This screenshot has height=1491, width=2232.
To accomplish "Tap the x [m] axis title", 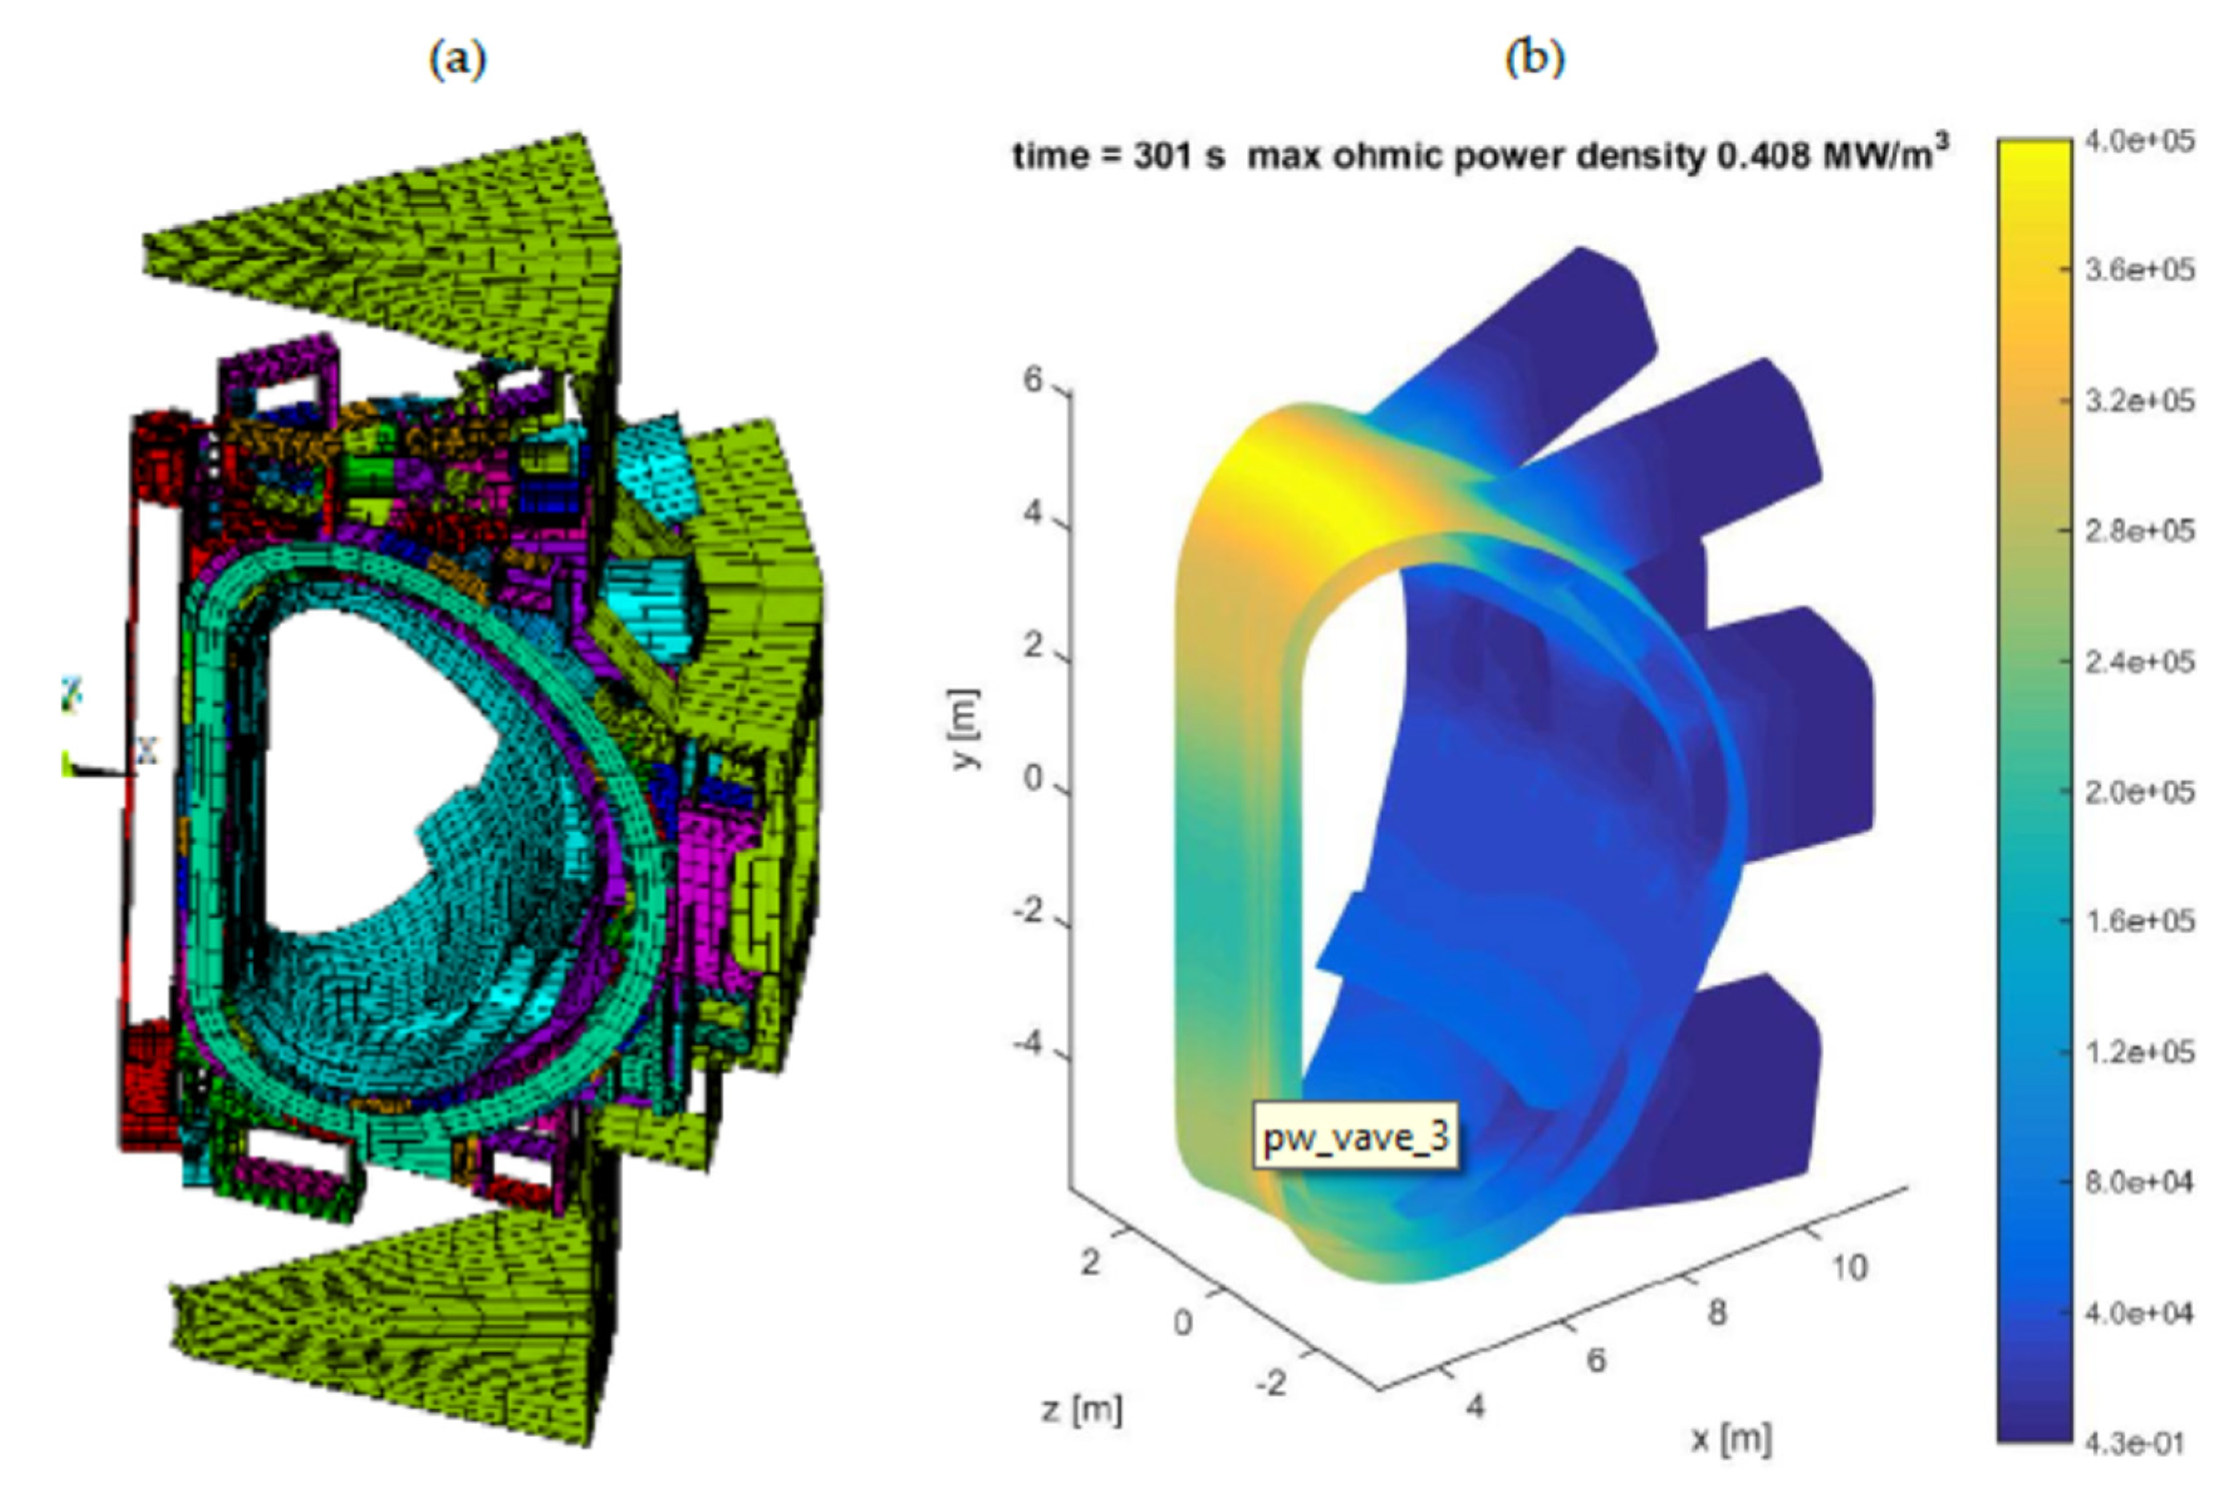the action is [x=1731, y=1438].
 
